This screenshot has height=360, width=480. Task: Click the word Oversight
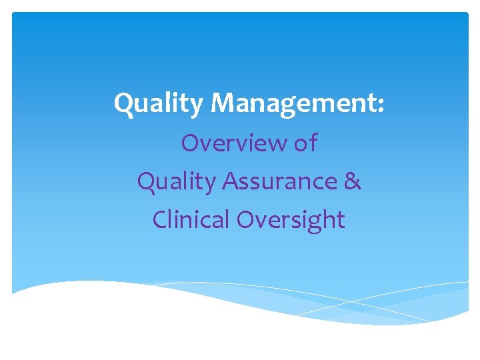[x=291, y=219]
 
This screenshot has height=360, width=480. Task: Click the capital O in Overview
[x=190, y=143]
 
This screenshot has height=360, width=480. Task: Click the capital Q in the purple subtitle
[x=146, y=181]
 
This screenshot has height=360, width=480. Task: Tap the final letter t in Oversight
[x=341, y=219]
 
